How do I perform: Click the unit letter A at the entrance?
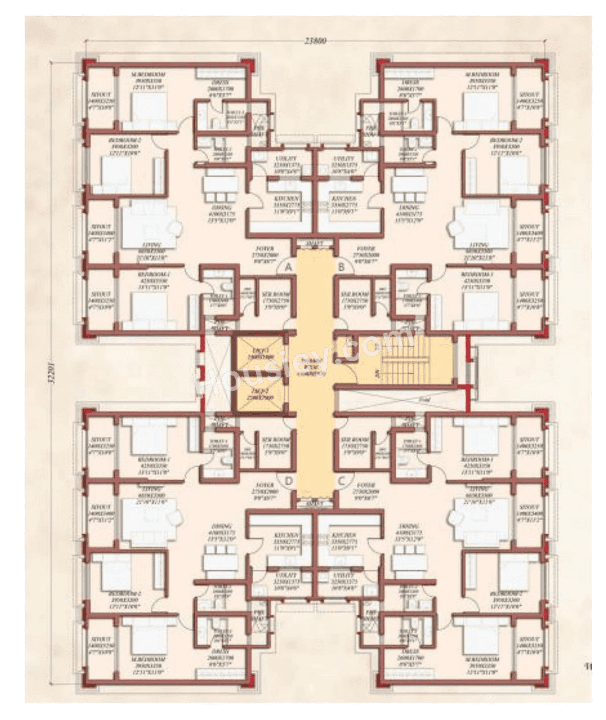(289, 267)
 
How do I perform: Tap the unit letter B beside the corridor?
(342, 267)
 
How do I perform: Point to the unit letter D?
(288, 480)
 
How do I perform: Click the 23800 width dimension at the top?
(315, 41)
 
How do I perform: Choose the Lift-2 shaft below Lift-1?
(259, 394)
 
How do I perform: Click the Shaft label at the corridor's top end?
(315, 244)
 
